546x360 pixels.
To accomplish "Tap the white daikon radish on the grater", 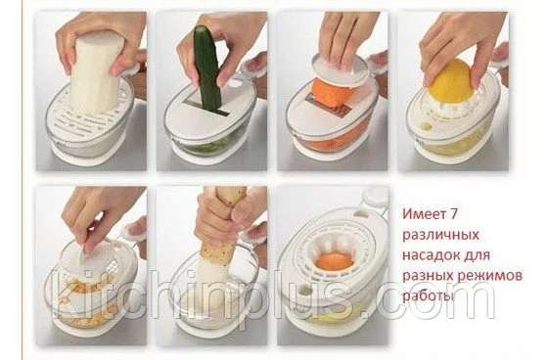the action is click(97, 73).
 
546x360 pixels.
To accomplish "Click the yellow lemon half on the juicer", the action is click(451, 81).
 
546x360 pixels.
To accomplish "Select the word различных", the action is click(440, 235).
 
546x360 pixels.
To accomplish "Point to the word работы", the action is click(429, 296).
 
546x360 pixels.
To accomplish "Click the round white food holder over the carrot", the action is click(339, 68).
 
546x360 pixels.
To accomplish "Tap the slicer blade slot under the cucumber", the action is click(207, 108).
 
